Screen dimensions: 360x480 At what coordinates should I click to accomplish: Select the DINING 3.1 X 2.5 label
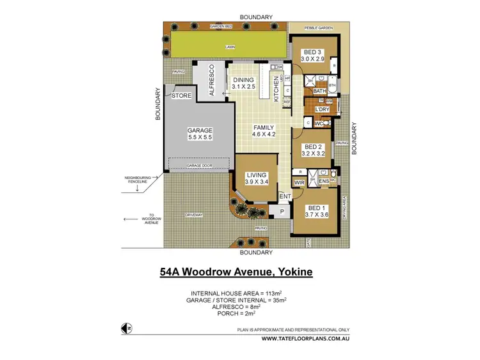pyautogui.click(x=244, y=83)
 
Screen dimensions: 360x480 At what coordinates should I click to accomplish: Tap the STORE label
pyautogui.click(x=181, y=96)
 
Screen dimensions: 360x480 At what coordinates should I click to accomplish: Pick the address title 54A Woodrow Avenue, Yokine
pyautogui.click(x=236, y=272)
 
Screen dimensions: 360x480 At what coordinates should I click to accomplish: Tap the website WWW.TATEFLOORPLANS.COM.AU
pyautogui.click(x=310, y=339)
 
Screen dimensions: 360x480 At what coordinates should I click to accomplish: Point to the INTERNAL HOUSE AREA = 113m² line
pyautogui.click(x=236, y=293)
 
